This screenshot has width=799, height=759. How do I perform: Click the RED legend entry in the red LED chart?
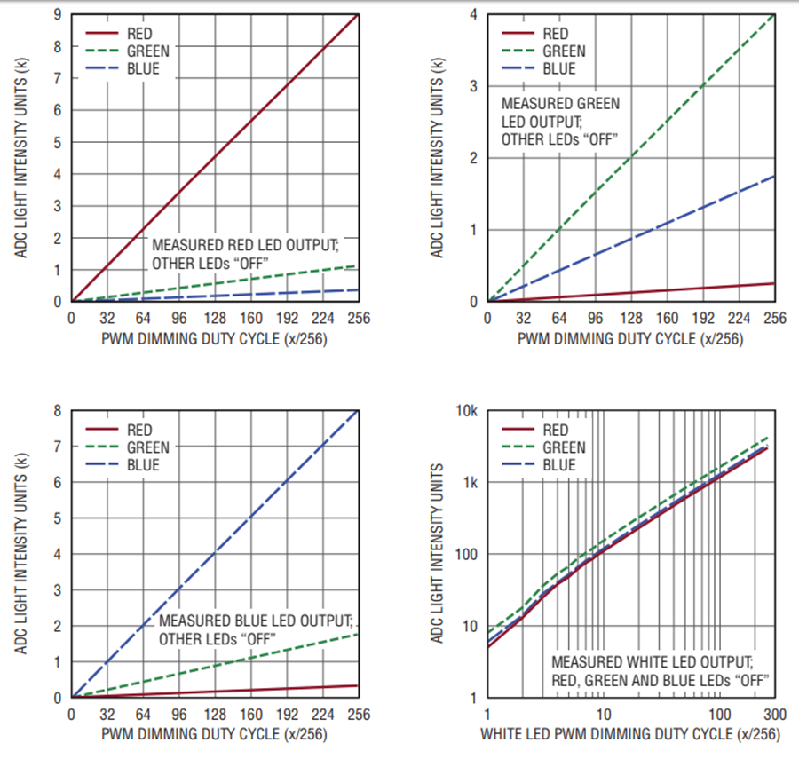pos(141,34)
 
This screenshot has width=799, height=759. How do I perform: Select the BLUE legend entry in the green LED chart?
pos(558,68)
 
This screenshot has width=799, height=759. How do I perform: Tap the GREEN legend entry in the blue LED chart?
pos(147,447)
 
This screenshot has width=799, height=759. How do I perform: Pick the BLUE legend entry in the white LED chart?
pos(558,465)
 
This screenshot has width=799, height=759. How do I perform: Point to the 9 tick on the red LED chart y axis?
pos(58,14)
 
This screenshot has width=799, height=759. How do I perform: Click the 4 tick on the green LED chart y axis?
pos(474,14)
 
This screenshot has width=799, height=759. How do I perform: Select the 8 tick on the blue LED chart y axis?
pos(58,411)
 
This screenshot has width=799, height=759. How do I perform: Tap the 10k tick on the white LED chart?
pos(466,411)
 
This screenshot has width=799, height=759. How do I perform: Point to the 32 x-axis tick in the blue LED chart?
pos(107,714)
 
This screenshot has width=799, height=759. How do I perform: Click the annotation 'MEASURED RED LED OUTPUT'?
pos(245,245)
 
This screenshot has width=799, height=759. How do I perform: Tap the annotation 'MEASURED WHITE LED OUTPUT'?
pos(653,662)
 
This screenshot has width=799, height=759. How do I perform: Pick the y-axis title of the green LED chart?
pos(436,157)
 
